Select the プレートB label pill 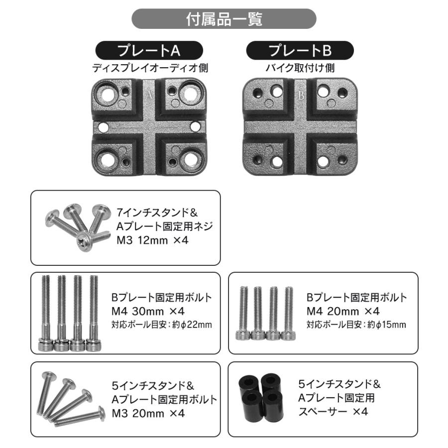pos(300,51)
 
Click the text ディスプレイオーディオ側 pos(149,68)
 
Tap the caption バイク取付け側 pos(300,68)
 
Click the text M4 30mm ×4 pos(148,312)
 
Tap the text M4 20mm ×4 pos(343,312)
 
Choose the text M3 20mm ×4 pos(148,413)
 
